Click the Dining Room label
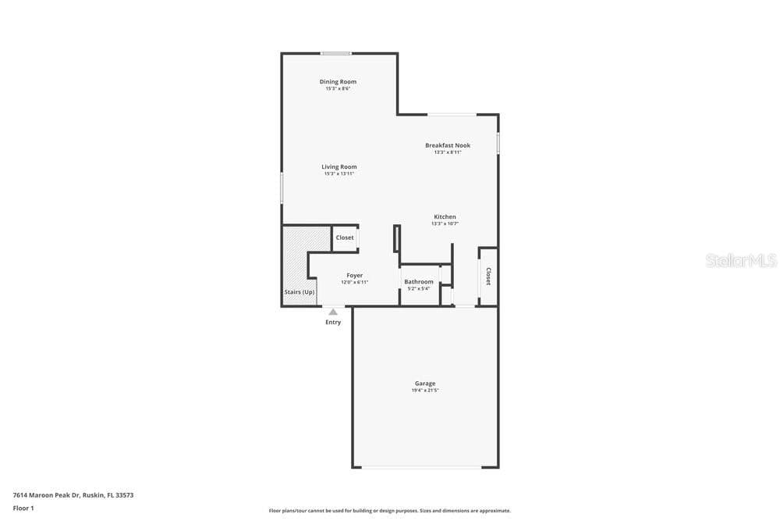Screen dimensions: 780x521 338,82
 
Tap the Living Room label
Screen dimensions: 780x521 339,167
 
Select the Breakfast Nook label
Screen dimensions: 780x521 448,145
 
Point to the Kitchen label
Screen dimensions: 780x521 445,216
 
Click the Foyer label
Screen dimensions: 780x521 355,276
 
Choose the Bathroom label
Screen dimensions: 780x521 419,282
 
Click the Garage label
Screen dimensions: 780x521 425,384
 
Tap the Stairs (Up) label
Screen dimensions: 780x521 300,292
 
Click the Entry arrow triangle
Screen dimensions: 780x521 333,312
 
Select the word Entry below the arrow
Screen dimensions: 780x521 333,323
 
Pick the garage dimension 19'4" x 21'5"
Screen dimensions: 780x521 425,391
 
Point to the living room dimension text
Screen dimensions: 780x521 339,174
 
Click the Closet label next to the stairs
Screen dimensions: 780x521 345,237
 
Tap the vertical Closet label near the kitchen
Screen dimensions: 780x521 488,277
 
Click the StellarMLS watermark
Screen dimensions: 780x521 741,261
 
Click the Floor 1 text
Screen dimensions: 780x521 23,508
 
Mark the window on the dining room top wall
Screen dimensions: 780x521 335,53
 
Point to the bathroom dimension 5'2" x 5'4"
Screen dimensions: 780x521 419,288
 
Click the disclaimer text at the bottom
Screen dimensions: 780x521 389,511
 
